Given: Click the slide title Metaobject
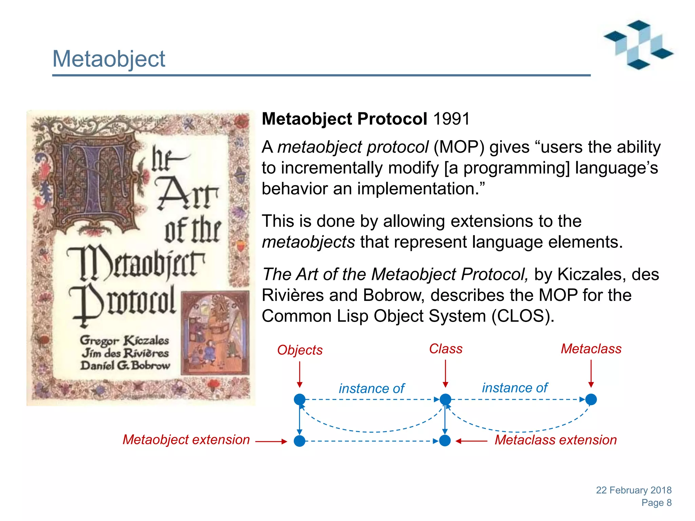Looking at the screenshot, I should pyautogui.click(x=109, y=59).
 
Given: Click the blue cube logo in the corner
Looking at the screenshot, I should pyautogui.click(x=638, y=45).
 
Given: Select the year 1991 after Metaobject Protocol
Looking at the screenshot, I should pyautogui.click(x=451, y=119).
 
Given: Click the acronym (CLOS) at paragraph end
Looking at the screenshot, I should pyautogui.click(x=523, y=316).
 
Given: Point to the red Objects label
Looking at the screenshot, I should pyautogui.click(x=300, y=350).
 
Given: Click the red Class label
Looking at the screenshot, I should pyautogui.click(x=446, y=349).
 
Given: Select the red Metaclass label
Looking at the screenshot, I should pyautogui.click(x=591, y=349).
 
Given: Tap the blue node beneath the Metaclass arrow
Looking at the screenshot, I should pyautogui.click(x=591, y=400).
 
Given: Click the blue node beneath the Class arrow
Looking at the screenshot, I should pyautogui.click(x=445, y=400).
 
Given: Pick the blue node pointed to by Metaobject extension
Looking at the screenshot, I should pyautogui.click(x=299, y=441).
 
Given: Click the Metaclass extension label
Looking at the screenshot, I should pyautogui.click(x=556, y=440).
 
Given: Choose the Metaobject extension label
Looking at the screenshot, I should pyautogui.click(x=186, y=440).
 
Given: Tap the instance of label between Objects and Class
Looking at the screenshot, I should pyautogui.click(x=372, y=389).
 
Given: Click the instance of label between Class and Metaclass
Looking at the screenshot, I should pyautogui.click(x=515, y=388).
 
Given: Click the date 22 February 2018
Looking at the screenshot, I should pyautogui.click(x=634, y=490).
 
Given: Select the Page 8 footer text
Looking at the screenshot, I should pyautogui.click(x=656, y=503).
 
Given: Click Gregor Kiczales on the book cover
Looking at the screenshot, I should pyautogui.click(x=124, y=340).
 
